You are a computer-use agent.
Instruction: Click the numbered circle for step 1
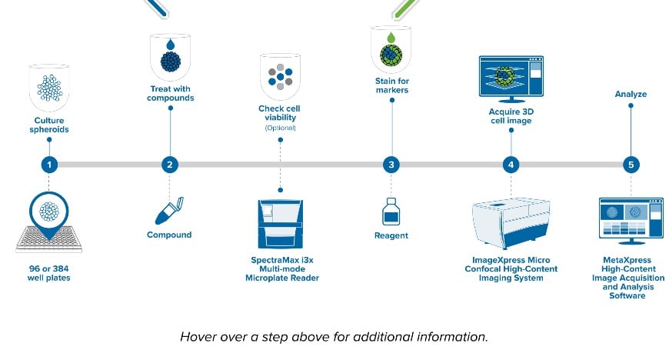tap(49, 165)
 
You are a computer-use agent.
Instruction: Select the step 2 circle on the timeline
tap(171, 165)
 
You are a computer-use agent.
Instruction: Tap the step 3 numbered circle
tap(392, 165)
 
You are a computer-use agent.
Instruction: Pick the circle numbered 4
tap(511, 165)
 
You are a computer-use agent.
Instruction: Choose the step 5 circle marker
tap(631, 165)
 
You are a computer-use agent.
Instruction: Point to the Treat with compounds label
tap(171, 93)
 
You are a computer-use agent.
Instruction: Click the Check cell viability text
tap(280, 113)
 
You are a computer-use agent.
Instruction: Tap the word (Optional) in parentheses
tap(280, 128)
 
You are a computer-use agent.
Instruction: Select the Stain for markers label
tap(393, 86)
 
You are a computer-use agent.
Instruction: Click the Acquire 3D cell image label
tap(511, 115)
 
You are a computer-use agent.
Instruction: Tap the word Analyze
tap(631, 95)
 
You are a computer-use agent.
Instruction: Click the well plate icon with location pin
tap(50, 224)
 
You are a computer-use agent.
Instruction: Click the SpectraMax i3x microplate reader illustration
tap(280, 224)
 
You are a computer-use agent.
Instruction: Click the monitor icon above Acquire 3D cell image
tap(511, 78)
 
